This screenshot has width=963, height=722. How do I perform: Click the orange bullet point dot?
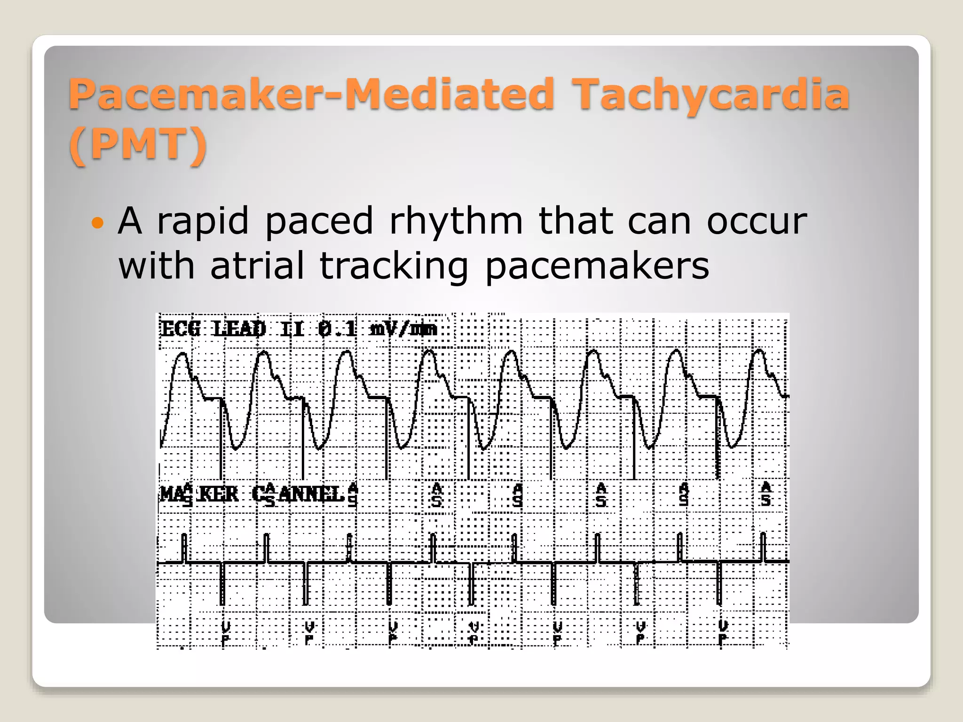pos(97,222)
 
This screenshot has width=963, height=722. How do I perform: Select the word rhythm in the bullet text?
pos(456,221)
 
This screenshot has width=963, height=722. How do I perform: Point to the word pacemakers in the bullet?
pos(597,267)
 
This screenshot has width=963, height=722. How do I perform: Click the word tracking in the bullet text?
pos(394,267)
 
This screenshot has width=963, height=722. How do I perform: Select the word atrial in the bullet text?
pos(257,266)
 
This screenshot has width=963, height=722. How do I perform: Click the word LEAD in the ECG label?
pos(240,329)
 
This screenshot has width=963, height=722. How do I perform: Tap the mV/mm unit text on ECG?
pos(403,329)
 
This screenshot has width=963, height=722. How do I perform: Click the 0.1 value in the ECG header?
pos(337,329)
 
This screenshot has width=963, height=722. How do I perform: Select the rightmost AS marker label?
pos(766,494)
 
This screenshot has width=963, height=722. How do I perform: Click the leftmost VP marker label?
pos(226,633)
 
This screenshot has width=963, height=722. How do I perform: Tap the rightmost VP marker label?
pos(723,633)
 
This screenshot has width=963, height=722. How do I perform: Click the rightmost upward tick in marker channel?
pos(763,547)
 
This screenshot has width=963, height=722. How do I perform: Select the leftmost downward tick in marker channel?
pos(222,584)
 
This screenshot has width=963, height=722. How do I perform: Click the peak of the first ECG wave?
pos(182,354)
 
